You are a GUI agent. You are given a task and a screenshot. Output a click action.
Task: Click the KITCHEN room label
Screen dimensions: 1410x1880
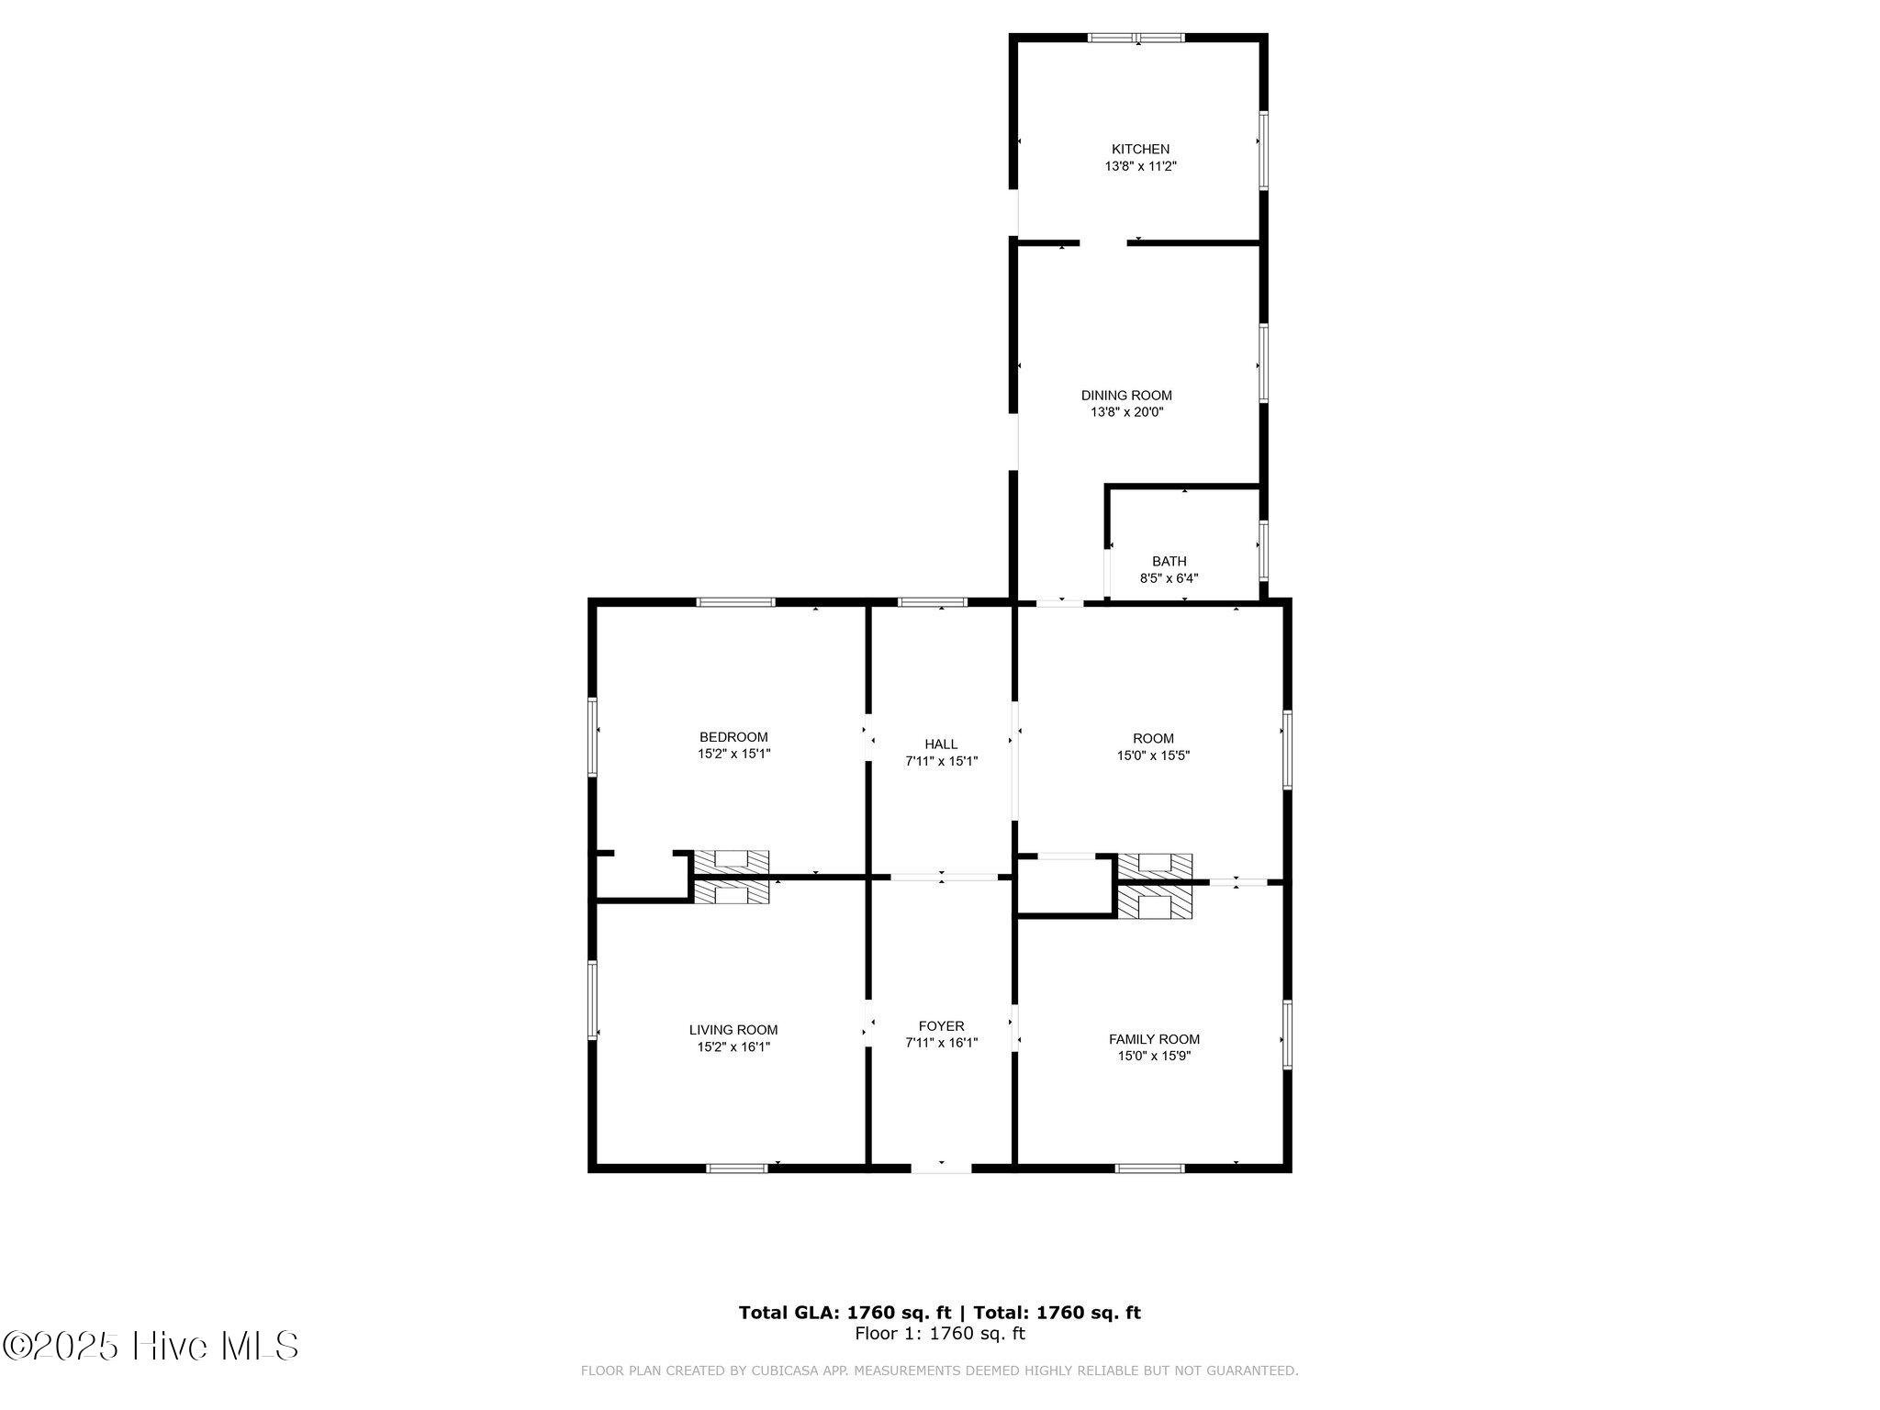[1140, 149]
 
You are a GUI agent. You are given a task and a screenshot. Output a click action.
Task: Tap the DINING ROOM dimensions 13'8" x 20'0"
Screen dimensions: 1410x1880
[1126, 412]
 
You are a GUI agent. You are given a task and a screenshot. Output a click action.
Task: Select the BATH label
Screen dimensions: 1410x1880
[1169, 561]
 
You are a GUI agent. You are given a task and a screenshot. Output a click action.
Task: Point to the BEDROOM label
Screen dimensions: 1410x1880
[733, 736]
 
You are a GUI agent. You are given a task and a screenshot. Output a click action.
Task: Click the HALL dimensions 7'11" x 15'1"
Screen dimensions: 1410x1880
[941, 761]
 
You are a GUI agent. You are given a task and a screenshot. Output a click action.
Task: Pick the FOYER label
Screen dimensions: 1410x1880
[941, 1025]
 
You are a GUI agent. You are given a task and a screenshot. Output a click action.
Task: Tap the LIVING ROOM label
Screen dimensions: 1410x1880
[733, 1030]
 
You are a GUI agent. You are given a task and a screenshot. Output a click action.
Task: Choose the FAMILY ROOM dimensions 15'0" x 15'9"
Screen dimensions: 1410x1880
[1153, 1056]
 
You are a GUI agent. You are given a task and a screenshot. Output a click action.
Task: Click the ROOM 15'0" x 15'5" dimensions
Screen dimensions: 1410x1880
[1153, 755]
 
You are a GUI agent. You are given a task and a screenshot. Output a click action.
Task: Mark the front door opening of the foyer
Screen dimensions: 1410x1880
[941, 1168]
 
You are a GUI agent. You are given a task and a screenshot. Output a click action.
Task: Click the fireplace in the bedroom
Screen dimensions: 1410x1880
[731, 862]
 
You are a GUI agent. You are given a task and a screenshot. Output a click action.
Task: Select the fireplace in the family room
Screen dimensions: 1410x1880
[1154, 903]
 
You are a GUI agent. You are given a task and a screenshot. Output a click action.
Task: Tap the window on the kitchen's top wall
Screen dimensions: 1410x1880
[1136, 38]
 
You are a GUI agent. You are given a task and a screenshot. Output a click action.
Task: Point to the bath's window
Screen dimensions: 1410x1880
[1264, 550]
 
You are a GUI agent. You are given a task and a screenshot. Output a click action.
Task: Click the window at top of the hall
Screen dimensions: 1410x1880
[932, 602]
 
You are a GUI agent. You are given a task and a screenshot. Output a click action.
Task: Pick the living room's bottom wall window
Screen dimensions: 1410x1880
[736, 1168]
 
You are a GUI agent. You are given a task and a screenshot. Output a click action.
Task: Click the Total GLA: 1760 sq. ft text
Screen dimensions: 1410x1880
[845, 1313]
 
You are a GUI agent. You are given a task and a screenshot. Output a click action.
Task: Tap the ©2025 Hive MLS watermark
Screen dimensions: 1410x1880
[151, 1346]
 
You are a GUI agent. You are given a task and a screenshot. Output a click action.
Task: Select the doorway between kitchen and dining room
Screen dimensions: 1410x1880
[1102, 243]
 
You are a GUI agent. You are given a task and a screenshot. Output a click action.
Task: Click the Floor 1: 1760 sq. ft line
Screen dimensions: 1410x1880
[939, 1334]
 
